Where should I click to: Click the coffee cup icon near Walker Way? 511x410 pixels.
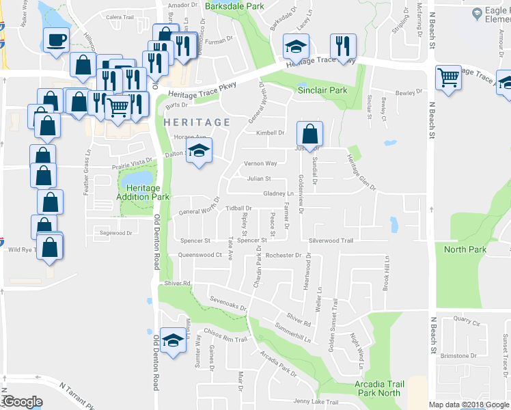coord(56,40)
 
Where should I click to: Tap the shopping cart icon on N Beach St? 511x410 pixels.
coord(448,77)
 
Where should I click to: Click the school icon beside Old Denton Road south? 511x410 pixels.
coord(174,340)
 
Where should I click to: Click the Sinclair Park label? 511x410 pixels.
coord(322,90)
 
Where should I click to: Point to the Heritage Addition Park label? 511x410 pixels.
coord(143,192)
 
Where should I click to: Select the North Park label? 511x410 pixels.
coord(465,249)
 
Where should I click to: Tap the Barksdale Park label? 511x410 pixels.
coord(234,6)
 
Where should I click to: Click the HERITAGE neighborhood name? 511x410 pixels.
coord(197,122)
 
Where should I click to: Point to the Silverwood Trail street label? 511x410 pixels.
coord(331,241)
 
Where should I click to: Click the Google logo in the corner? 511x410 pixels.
coord(22,402)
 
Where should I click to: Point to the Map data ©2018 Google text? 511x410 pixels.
coord(468,405)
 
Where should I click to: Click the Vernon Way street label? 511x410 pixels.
coord(261,164)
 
